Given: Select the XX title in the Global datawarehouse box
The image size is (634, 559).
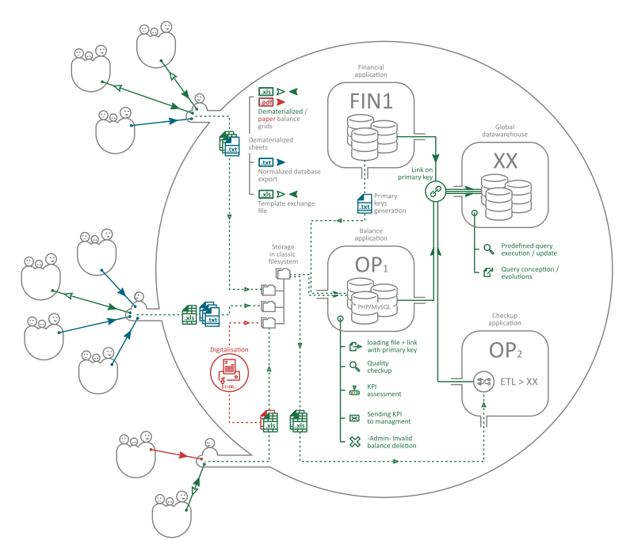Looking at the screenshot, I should (x=505, y=161).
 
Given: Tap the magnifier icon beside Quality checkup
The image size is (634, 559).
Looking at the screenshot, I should (x=354, y=366).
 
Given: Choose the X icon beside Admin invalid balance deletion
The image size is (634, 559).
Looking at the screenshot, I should (x=354, y=442).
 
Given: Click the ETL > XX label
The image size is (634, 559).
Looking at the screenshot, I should (x=519, y=382).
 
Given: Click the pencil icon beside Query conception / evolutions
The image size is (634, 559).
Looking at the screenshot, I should (x=488, y=272).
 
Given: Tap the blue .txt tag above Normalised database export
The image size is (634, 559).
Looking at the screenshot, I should (x=267, y=163).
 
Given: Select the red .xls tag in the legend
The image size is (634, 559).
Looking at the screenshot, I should (x=267, y=103).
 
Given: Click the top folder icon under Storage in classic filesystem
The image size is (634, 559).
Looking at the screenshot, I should (x=282, y=273).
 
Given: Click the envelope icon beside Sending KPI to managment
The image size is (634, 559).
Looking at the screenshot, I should (x=354, y=416).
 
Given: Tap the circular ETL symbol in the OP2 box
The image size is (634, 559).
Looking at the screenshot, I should (x=481, y=382).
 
